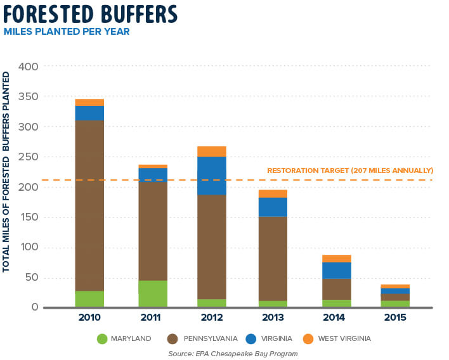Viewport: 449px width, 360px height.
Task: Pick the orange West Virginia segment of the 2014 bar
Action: point(336,258)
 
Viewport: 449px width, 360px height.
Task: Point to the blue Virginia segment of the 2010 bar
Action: point(89,113)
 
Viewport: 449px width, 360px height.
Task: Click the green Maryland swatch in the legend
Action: point(102,339)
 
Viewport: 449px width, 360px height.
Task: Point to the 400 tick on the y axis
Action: point(29,67)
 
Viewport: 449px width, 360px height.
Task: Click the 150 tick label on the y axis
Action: point(29,217)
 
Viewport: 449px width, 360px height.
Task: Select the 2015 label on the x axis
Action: point(394,317)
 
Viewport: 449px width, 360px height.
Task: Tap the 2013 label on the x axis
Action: point(272,317)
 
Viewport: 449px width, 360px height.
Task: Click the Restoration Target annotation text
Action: point(350,170)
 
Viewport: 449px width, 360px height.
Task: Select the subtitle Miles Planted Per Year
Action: point(67,31)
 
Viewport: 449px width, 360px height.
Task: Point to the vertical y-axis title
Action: point(7,172)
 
